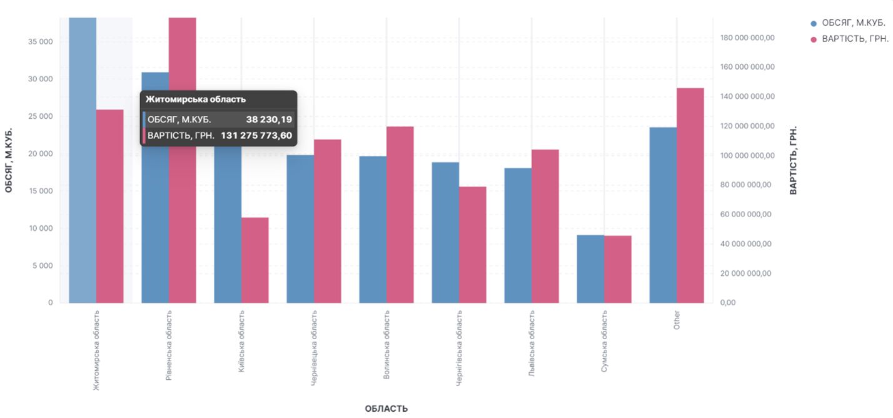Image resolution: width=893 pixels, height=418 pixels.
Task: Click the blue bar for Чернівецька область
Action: [x=300, y=228]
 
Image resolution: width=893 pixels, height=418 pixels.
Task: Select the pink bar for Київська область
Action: [x=255, y=260]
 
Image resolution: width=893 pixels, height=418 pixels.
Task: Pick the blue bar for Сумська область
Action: [x=590, y=268]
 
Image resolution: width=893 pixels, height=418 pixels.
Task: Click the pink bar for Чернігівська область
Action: [x=473, y=245]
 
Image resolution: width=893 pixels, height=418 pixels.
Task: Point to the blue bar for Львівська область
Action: [x=518, y=235]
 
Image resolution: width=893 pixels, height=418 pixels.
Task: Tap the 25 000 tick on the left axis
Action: [x=41, y=116]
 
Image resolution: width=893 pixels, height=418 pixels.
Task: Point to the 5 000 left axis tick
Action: [x=43, y=265]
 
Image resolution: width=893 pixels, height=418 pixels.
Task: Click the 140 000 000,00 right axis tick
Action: [x=747, y=96]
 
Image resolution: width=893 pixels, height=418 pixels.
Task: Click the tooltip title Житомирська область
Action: [x=196, y=99]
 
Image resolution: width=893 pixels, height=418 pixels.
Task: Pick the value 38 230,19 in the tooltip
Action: [x=269, y=120]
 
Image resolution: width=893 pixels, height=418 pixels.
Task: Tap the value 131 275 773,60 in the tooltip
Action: [x=256, y=135]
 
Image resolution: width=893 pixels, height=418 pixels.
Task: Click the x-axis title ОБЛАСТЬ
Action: [x=386, y=409]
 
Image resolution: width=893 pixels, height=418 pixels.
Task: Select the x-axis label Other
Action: [x=677, y=319]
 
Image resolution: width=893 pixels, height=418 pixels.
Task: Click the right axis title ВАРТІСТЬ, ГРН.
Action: [x=794, y=160]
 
